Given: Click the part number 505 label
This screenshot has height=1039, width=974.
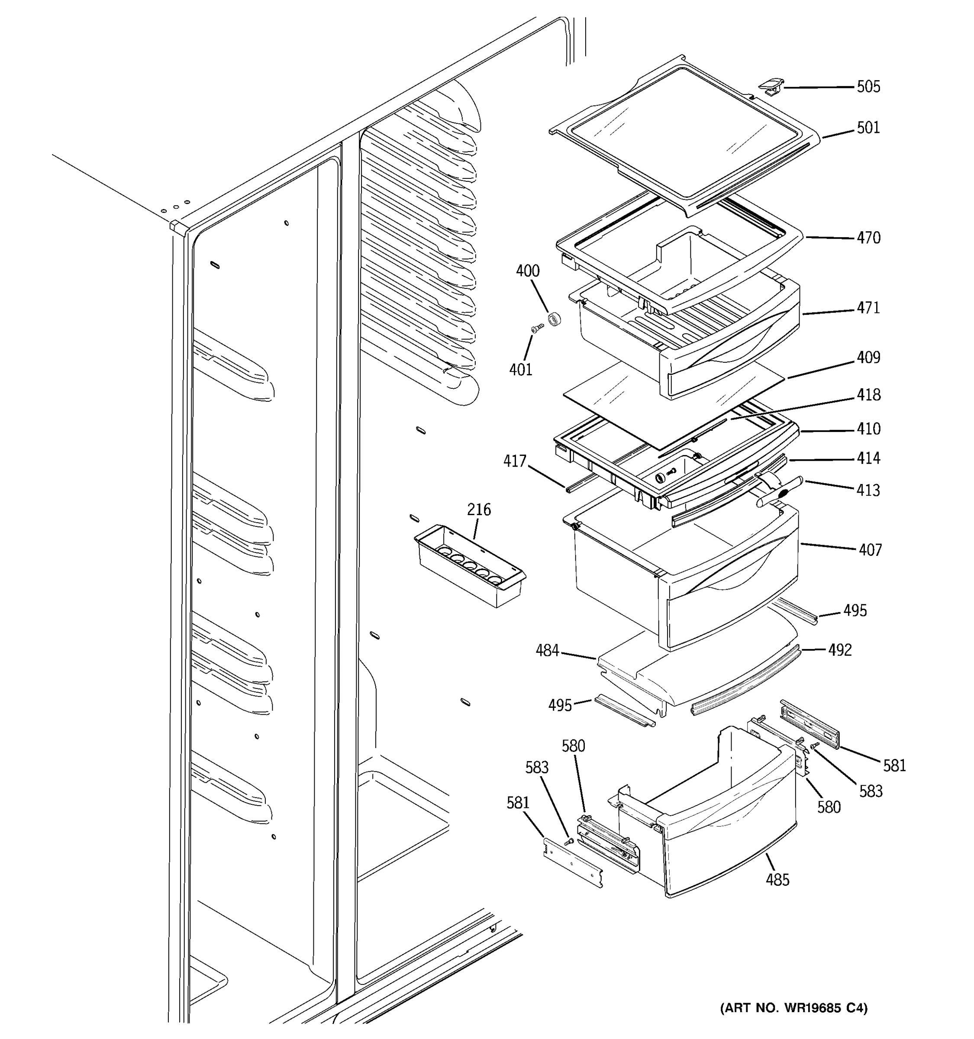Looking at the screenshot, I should pos(868,87).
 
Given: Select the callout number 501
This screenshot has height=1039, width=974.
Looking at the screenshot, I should pos(868,128).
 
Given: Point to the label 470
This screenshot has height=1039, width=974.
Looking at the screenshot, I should pos(868,238).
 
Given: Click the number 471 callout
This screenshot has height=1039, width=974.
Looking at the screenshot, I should pos(868,308).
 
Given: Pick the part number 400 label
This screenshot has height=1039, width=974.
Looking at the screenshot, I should pos(528,271).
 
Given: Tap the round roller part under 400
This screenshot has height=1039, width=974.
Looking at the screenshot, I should pos(554,318).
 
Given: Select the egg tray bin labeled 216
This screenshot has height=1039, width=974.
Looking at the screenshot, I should pos(469,567).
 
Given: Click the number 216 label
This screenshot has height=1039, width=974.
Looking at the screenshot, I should pos(479,509).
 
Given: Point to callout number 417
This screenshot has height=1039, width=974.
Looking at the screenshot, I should pos(515,461).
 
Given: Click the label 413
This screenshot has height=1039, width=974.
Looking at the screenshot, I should pos(868,490).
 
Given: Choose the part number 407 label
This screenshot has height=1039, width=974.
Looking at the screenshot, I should pos(870,550).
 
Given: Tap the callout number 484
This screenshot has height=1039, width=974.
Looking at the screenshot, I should pos(547,651).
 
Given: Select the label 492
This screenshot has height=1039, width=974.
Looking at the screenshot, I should pos(840,650).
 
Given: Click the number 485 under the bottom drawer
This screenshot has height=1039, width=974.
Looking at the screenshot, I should pos(777,880).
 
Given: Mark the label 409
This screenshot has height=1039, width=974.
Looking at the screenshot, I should pos(868,358).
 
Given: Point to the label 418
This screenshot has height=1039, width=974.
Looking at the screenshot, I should pos(868,394).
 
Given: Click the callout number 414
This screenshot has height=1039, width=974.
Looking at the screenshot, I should pos(868,458).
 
